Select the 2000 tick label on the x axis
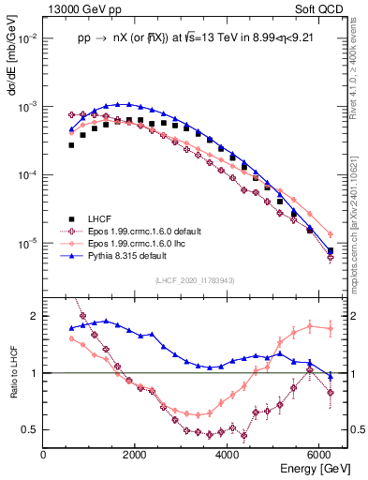pyautogui.click(x=136, y=455)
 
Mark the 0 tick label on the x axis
pyautogui.click(x=44, y=455)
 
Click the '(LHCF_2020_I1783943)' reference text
pyautogui.click(x=193, y=280)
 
